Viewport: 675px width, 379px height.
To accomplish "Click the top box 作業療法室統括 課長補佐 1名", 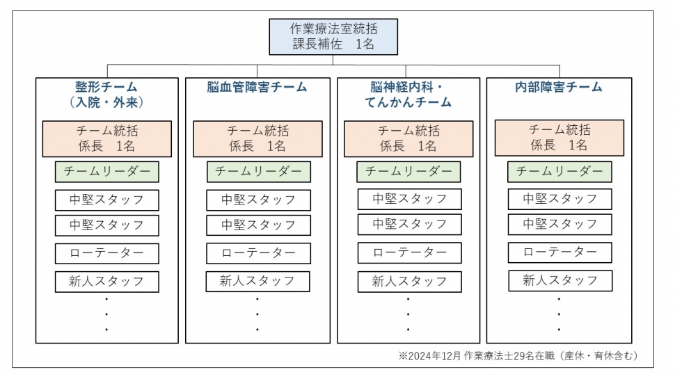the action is (333, 37).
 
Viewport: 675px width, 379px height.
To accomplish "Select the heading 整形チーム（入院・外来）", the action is (106, 95).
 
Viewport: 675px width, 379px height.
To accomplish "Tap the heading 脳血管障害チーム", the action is (257, 88).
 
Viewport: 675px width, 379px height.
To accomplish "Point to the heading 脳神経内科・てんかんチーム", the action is (408, 95).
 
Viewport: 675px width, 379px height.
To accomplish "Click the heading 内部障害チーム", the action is (559, 88).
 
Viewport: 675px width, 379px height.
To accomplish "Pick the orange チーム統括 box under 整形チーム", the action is (106, 139).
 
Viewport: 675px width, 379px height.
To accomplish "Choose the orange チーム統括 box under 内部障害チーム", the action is (559, 138).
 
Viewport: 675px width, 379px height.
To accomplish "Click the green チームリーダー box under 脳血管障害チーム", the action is (258, 172).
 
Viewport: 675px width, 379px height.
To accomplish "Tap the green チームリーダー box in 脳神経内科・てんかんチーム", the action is (408, 172).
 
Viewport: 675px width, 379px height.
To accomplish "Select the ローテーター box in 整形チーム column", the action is (106, 253).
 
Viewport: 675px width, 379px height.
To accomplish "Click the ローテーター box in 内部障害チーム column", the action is (559, 252).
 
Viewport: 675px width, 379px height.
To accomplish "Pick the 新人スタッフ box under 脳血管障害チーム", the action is (257, 282).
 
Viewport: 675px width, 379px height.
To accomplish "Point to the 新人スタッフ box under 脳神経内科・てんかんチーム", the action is (409, 282).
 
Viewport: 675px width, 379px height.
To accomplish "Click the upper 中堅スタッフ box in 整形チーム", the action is (106, 200).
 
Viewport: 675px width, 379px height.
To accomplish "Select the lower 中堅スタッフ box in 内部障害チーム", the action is (559, 224).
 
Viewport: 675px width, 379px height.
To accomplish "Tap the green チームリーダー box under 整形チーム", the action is (106, 172).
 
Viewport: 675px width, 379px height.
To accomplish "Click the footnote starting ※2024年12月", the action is (518, 356).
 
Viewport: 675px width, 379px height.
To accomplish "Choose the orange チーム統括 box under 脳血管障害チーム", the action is (257, 139).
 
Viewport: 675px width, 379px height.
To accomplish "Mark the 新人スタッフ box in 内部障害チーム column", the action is (560, 281).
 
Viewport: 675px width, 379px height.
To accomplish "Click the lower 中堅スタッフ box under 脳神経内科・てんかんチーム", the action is (409, 225).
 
